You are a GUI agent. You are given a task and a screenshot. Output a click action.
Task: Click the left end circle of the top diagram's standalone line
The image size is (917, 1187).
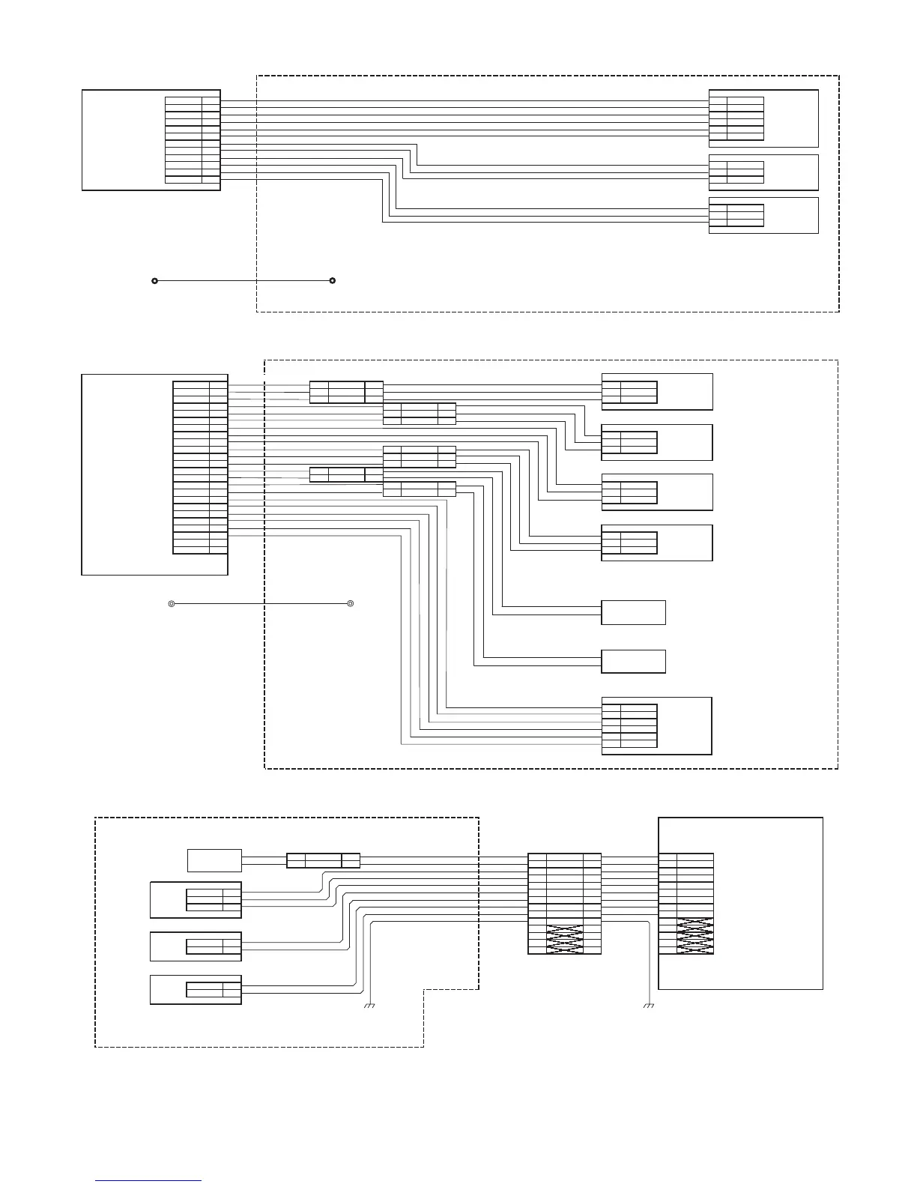[154, 281]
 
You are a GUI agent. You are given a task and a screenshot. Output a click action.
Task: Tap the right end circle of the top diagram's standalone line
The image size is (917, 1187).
[332, 281]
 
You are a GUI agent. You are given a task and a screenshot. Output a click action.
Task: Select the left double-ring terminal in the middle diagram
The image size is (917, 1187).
[172, 603]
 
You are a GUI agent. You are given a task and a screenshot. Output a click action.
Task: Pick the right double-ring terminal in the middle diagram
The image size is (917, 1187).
[350, 603]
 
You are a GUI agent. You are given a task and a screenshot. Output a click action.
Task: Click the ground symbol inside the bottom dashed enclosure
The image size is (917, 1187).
[369, 1005]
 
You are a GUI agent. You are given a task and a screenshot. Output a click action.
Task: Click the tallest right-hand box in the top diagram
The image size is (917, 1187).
[790, 118]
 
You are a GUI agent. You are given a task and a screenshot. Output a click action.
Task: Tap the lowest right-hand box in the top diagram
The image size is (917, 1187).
[790, 215]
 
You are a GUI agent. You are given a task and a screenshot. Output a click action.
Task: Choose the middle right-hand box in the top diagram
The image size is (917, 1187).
[790, 172]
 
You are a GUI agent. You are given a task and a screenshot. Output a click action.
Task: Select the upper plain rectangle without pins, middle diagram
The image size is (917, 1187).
[633, 612]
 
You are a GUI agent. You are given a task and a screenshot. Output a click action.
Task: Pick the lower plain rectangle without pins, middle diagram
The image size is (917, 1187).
[633, 662]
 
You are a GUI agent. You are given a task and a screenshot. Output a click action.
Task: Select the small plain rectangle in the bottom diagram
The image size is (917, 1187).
[214, 860]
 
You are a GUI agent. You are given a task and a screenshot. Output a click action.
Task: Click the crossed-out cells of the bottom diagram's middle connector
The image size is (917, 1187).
[565, 939]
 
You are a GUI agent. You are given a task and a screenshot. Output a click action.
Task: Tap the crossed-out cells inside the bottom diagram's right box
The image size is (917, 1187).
[695, 936]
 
